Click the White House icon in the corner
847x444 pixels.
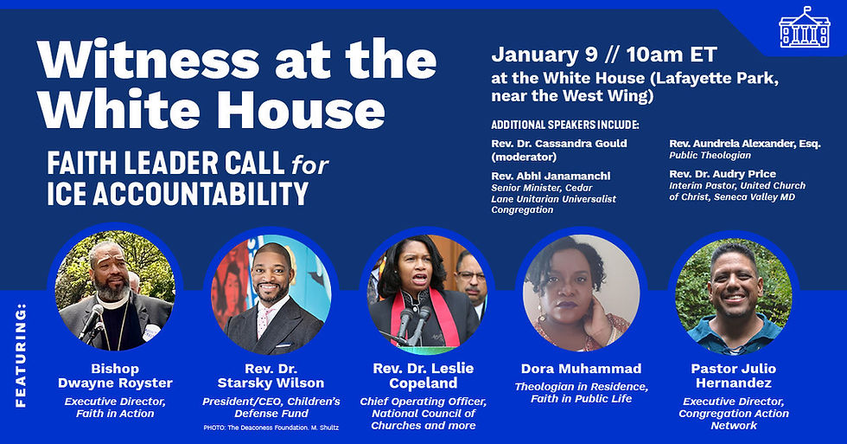pos(804,29)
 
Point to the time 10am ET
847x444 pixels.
pos(666,55)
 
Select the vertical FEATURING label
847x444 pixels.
pos(21,354)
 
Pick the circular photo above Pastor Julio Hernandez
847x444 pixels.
pos(734,294)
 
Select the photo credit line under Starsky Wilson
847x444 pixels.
pos(270,428)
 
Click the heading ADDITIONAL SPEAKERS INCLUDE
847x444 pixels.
pos(564,125)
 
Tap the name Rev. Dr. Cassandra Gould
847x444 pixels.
pos(559,143)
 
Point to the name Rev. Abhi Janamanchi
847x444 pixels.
pos(551,176)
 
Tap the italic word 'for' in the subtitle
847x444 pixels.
pos(310,163)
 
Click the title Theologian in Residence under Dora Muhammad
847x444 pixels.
pos(581,386)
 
